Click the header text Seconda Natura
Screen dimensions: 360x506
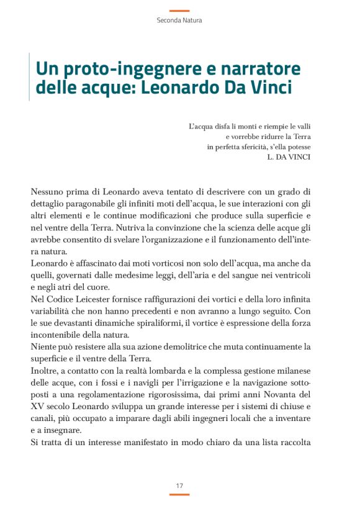[x=179, y=20]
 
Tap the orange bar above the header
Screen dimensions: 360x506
[x=179, y=11]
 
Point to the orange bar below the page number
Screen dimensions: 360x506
[x=179, y=495]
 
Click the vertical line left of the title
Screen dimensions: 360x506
[x=30, y=77]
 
